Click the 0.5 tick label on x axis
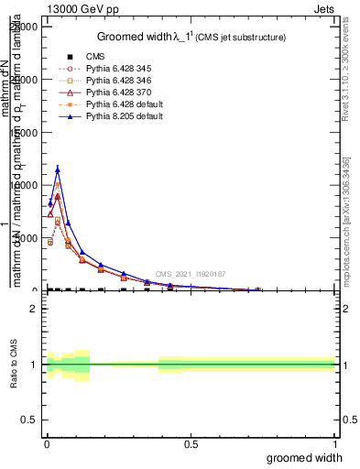pyautogui.click(x=191, y=444)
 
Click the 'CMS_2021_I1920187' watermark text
pyautogui.click(x=190, y=274)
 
